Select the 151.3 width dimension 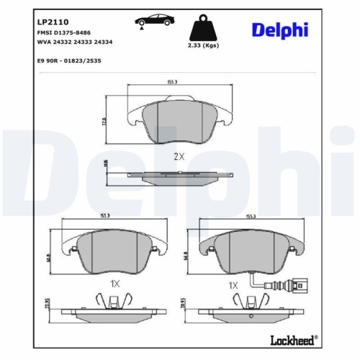point(104,215)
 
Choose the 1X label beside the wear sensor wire point(233,285)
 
